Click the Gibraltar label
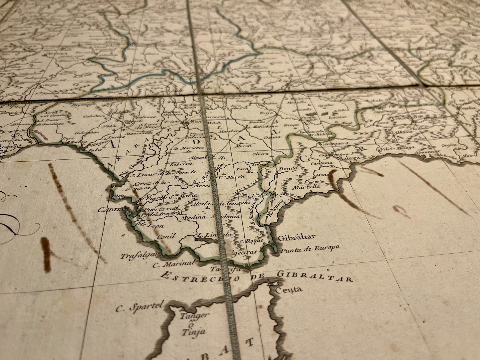coord(296,237)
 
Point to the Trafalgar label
coord(134,256)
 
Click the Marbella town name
coord(306,187)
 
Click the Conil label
coord(166,237)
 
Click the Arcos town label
coord(203,186)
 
